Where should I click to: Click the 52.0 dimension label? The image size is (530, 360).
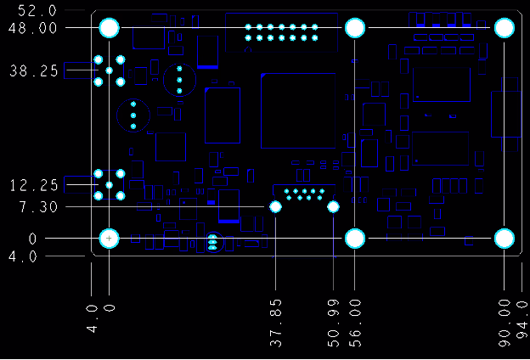point(31,11)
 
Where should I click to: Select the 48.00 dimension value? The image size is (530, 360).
point(33,28)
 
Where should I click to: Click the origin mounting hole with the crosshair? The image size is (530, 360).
point(110,239)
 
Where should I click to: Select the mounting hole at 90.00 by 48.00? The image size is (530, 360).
point(505,28)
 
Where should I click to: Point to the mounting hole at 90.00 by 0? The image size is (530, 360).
point(505,239)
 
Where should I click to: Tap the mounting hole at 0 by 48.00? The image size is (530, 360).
point(110,28)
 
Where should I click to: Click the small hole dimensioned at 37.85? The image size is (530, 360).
point(275,207)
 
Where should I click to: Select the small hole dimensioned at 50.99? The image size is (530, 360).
point(333,207)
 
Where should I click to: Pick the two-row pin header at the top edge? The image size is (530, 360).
point(281,32)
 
